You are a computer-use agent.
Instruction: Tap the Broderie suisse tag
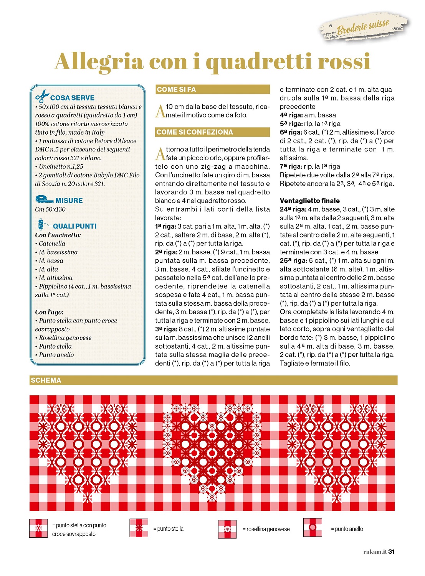tap(363, 26)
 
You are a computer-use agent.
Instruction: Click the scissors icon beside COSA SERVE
tap(42, 95)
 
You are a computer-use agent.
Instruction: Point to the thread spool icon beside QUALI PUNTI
tap(41, 224)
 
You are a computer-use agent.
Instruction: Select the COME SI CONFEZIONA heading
tap(195, 132)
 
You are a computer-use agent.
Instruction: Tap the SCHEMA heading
tap(46, 380)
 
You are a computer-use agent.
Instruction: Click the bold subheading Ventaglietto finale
tap(310, 201)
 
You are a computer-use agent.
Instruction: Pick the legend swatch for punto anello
tap(313, 527)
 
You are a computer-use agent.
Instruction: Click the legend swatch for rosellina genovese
tap(227, 529)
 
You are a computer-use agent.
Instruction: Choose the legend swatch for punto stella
tap(139, 528)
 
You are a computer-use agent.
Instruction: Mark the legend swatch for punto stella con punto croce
tap(38, 528)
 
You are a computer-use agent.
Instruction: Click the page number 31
tap(391, 552)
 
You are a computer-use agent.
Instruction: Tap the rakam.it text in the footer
tap(375, 552)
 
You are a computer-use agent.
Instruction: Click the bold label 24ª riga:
tap(293, 209)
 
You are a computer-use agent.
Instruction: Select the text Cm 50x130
tap(50, 209)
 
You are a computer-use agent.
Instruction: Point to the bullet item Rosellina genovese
tap(65, 338)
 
